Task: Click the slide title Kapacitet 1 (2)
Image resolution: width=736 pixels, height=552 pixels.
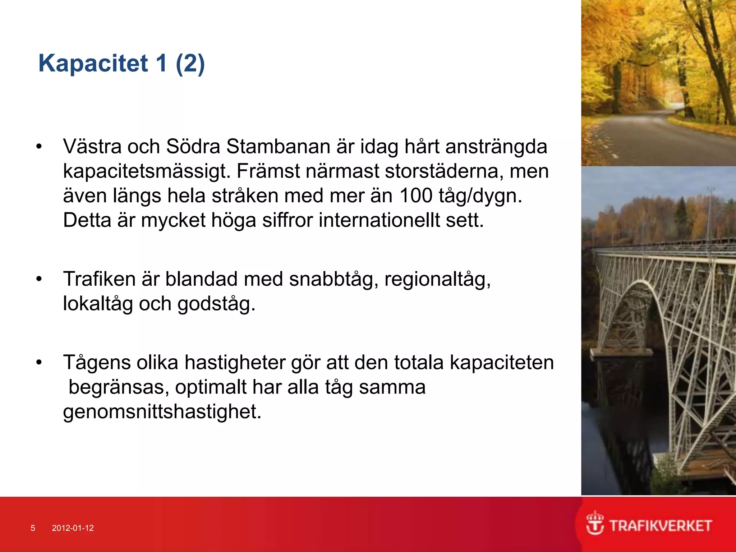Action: [121, 63]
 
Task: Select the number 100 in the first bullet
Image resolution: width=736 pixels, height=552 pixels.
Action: [415, 195]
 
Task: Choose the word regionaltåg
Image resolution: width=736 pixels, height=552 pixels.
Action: [437, 279]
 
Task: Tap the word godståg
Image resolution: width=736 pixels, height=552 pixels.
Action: [216, 304]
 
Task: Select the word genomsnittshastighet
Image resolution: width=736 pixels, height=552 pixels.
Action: [162, 411]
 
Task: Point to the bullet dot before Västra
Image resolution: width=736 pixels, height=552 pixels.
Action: [39, 146]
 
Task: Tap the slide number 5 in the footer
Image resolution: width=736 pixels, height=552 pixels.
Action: [33, 528]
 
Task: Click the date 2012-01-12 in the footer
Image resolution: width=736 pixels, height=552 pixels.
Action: [73, 528]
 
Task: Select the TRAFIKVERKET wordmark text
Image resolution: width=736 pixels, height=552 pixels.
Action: [661, 526]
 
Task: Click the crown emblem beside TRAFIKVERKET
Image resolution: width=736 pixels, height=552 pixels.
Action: [595, 523]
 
